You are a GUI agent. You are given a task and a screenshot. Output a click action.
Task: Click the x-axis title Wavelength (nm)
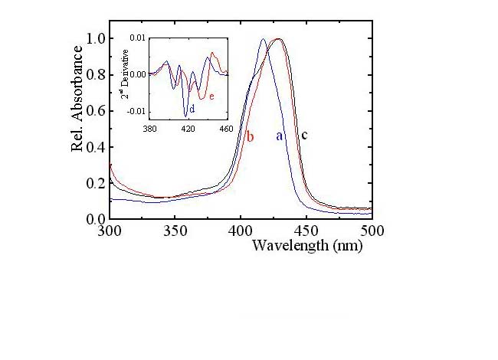pyautogui.click(x=306, y=246)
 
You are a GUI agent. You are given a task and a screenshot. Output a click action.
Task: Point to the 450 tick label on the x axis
pyautogui.click(x=306, y=230)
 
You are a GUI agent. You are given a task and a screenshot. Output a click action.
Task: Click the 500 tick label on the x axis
pyautogui.click(x=372, y=230)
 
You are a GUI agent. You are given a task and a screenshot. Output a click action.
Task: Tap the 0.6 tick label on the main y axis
pyautogui.click(x=96, y=110)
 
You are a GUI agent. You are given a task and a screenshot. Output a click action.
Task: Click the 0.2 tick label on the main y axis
pyautogui.click(x=96, y=183)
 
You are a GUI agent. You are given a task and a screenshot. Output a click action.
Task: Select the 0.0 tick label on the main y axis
pyautogui.click(x=96, y=219)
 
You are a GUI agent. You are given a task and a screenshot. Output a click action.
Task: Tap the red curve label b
pyautogui.click(x=250, y=137)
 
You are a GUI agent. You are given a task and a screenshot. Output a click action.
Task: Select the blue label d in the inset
pyautogui.click(x=192, y=110)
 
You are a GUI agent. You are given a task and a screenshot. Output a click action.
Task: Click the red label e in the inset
pyautogui.click(x=211, y=97)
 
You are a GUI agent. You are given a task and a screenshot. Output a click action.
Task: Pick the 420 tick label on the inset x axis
pyautogui.click(x=188, y=129)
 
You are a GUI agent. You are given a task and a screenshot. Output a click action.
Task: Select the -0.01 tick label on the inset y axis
pyautogui.click(x=138, y=111)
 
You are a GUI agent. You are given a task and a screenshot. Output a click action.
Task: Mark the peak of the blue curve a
pyautogui.click(x=264, y=39)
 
